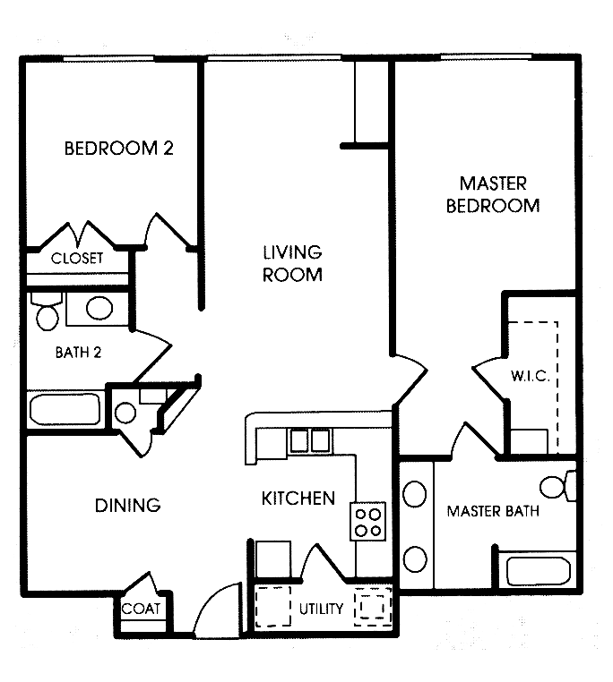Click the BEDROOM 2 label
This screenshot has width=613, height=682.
(117, 149)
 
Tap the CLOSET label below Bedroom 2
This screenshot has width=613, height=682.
(77, 259)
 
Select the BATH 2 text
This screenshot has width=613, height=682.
(78, 352)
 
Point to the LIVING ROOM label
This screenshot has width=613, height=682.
(292, 264)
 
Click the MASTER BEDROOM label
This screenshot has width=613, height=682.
(499, 194)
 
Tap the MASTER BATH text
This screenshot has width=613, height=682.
(493, 512)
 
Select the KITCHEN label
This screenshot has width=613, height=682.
(298, 499)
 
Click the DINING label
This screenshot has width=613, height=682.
(127, 506)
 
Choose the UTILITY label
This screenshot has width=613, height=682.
(322, 610)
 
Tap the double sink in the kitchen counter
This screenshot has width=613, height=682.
(308, 439)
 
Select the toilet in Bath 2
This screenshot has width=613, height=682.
(46, 312)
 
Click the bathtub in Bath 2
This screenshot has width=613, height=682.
(65, 412)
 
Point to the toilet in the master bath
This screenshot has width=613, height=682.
(557, 486)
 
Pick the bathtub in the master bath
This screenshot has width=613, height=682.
(537, 570)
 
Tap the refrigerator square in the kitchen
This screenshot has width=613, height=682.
(272, 558)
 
